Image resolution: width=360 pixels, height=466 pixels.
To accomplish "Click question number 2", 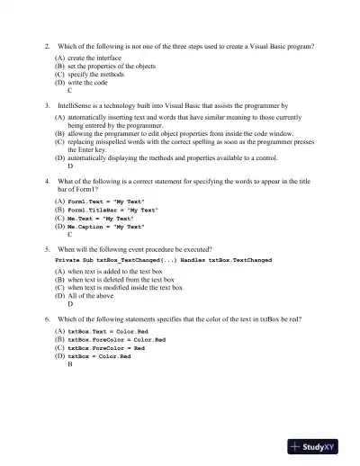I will tap(47, 44).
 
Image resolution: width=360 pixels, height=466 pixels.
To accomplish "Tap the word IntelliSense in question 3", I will tap(77, 105).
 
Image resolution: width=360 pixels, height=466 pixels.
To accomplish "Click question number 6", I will tap(47, 318).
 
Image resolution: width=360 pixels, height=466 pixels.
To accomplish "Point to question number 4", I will tap(47, 181).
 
